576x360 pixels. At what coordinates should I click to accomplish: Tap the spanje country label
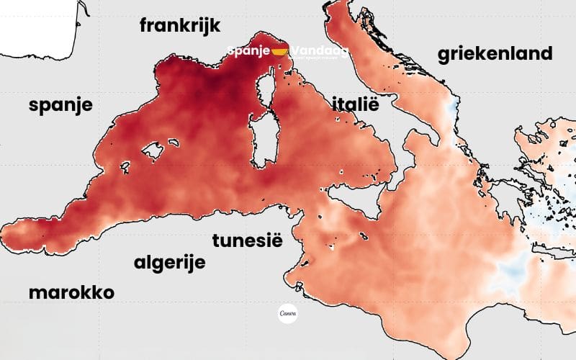point(60,105)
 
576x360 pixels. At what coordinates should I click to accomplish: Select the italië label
point(355,103)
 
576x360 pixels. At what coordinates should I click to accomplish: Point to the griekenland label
point(495,53)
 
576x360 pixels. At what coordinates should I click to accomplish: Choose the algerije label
point(170,262)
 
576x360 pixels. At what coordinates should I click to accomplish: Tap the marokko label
point(72,292)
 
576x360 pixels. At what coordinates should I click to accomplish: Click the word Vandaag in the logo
point(319,51)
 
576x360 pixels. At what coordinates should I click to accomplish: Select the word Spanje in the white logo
point(248,51)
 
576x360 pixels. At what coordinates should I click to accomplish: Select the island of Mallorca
point(154,150)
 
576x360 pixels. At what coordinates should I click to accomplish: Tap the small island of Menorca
point(173,141)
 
